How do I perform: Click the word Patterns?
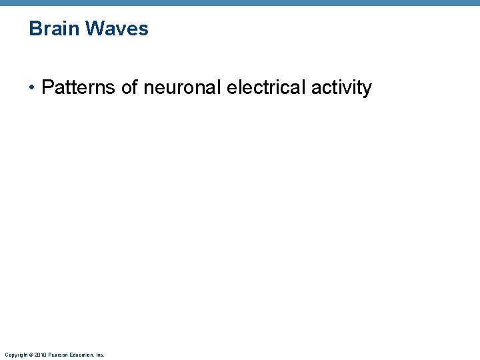[78, 87]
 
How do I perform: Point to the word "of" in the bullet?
[129, 87]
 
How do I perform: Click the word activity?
[341, 88]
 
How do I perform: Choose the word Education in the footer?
[81, 355]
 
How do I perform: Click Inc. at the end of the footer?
[100, 355]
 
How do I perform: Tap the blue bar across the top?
[240, 3]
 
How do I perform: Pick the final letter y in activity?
[367, 89]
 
